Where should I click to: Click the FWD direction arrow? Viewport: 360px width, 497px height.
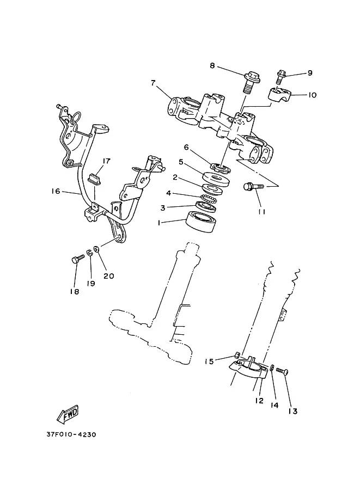pos(68,414)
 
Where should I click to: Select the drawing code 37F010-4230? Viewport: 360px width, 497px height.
pos(71,434)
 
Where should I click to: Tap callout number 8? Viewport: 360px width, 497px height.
pos(212,66)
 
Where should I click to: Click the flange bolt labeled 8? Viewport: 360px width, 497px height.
pos(251,82)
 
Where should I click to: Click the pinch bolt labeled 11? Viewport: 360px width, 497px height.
pos(253,186)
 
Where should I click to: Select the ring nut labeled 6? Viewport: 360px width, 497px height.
pos(219,165)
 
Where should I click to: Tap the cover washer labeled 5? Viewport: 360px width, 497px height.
pos(216,179)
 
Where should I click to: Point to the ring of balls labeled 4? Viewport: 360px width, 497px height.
pos(209,199)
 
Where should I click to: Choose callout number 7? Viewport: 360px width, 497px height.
pos(153,83)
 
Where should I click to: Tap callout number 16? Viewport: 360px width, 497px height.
pos(56,191)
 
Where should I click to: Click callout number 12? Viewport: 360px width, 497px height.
pos(259,400)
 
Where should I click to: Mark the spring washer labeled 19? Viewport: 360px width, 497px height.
pos(89,253)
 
